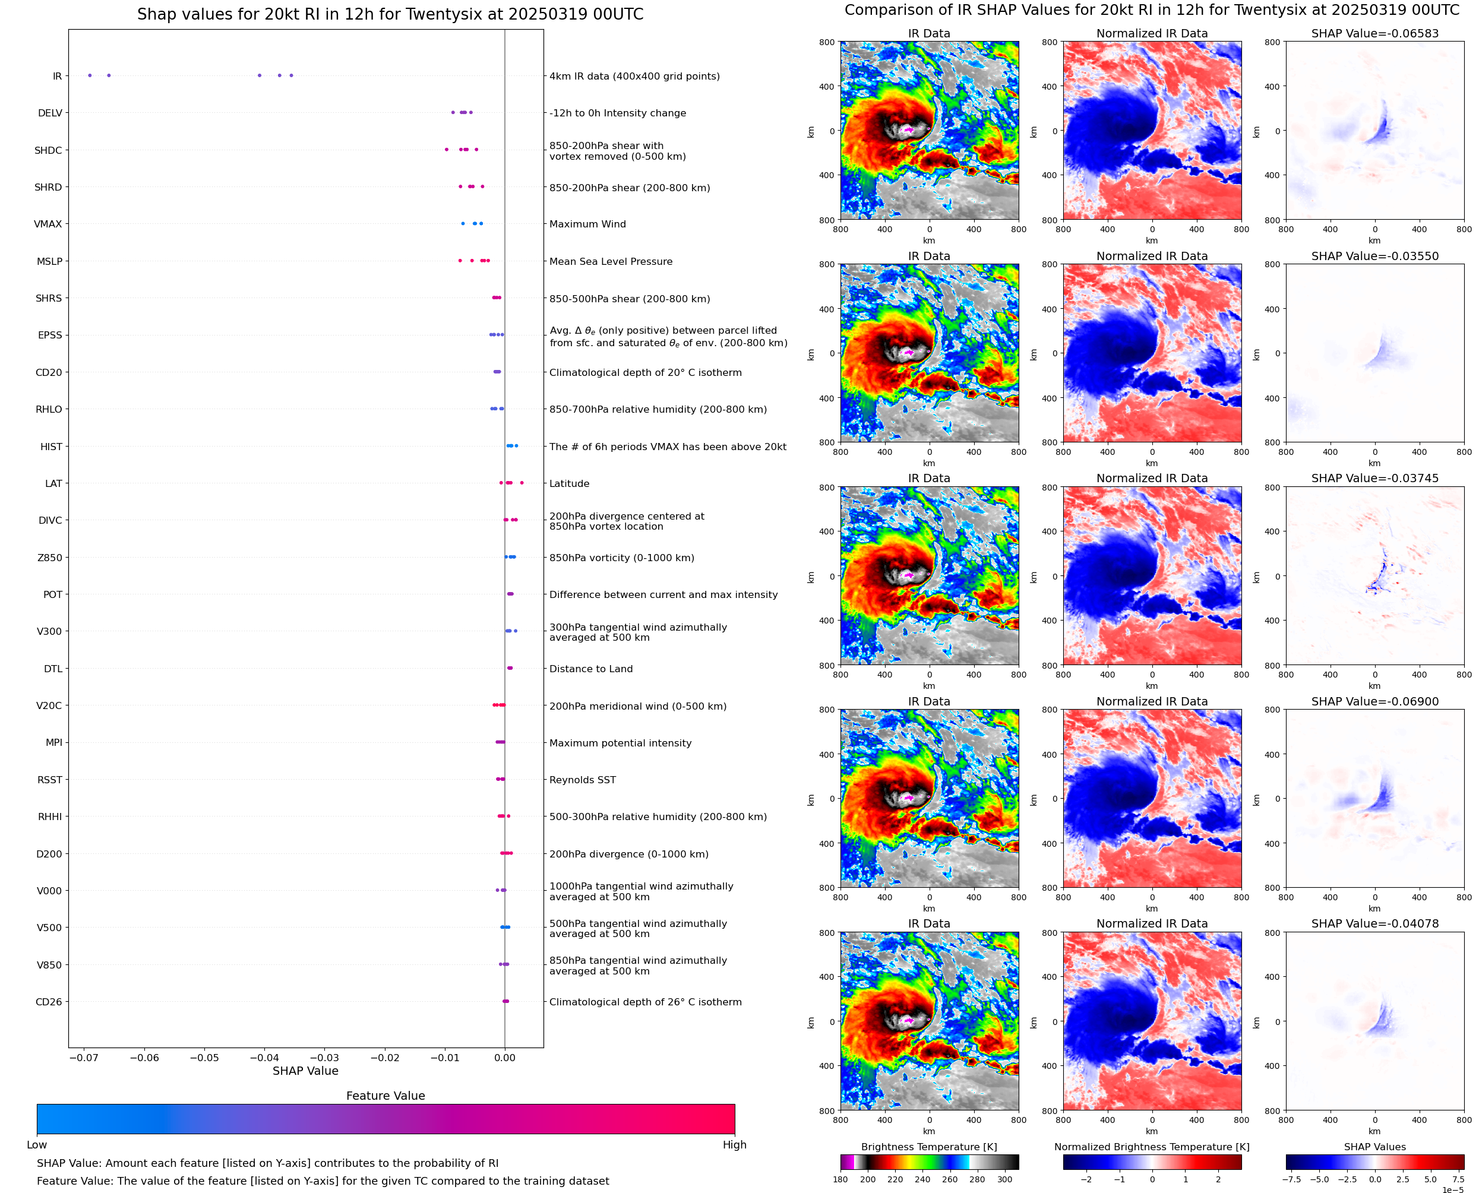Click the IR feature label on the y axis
(x=57, y=76)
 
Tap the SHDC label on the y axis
(x=48, y=150)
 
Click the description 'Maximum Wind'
(x=587, y=224)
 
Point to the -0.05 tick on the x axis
(x=204, y=1058)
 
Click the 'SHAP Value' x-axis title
(x=305, y=1071)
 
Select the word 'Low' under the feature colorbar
(x=36, y=1145)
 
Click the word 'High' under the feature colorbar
(x=734, y=1145)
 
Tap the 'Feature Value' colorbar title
(x=385, y=1096)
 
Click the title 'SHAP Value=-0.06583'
(x=1374, y=33)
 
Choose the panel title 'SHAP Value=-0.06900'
(x=1374, y=702)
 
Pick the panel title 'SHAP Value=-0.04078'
(x=1374, y=923)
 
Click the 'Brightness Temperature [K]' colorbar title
(x=928, y=1147)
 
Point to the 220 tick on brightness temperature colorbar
(x=895, y=1179)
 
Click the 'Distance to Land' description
(x=590, y=669)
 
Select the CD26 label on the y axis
(x=48, y=1002)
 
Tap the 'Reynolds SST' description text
(x=582, y=780)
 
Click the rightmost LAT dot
(x=522, y=483)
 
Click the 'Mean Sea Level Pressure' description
(x=610, y=261)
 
